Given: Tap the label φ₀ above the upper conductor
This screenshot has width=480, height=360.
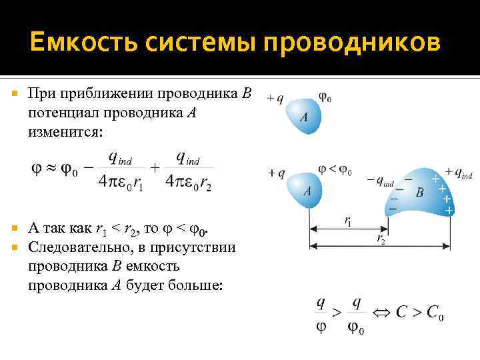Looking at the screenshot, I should [x=325, y=97].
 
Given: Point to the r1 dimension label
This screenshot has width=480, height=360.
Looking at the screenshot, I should [x=348, y=221].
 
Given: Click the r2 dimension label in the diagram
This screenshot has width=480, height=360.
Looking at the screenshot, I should [x=381, y=238].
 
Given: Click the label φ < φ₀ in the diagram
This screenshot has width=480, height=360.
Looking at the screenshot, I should [x=335, y=171].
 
